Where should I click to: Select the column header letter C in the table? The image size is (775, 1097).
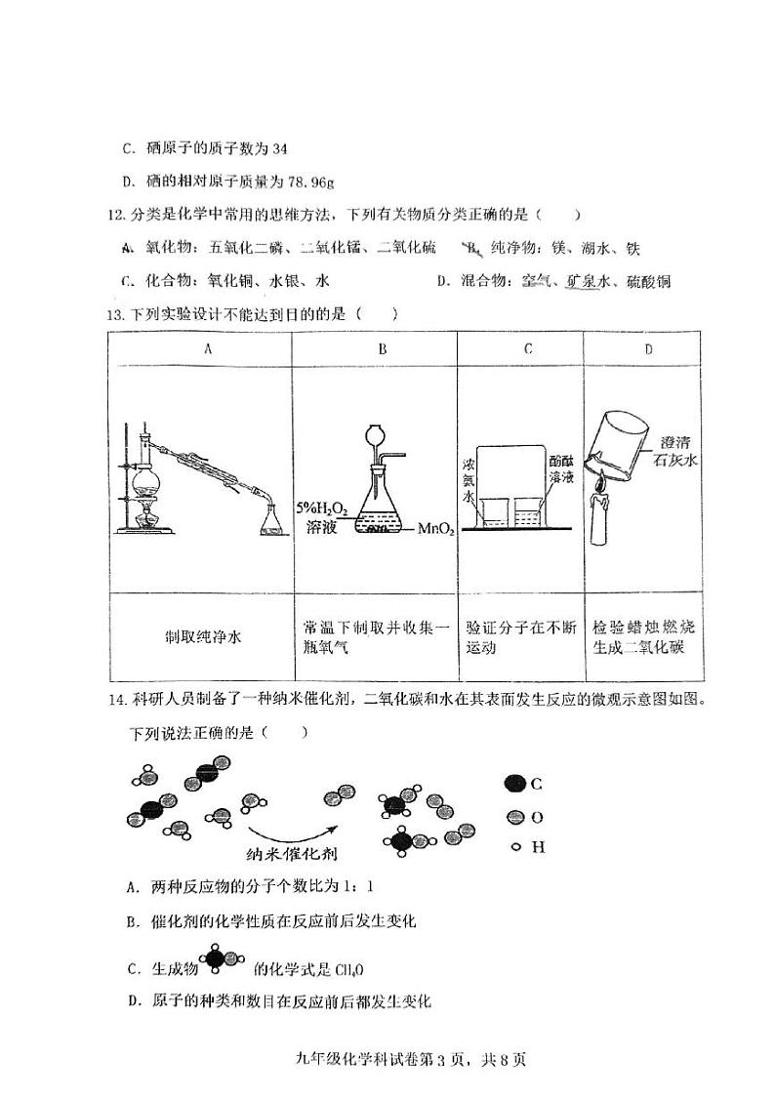coord(527,348)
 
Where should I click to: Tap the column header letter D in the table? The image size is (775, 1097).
coord(648,348)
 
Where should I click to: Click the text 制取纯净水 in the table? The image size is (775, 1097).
coord(203,636)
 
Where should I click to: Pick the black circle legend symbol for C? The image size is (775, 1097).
coord(514,783)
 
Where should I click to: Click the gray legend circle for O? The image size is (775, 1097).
coord(514,816)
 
